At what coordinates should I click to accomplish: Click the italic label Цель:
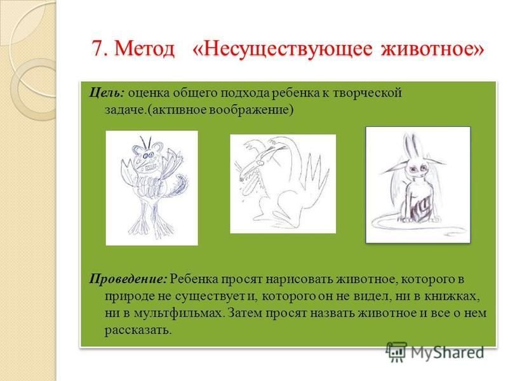pyautogui.click(x=107, y=93)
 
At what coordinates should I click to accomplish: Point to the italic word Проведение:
pyautogui.click(x=128, y=279)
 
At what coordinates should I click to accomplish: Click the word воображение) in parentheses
pyautogui.click(x=251, y=110)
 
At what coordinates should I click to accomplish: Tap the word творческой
pyautogui.click(x=367, y=93)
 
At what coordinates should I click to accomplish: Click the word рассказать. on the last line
pyautogui.click(x=138, y=330)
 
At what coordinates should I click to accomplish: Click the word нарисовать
pyautogui.click(x=299, y=279)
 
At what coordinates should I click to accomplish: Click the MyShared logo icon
pyautogui.click(x=396, y=352)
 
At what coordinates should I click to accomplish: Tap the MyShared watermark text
pyautogui.click(x=448, y=353)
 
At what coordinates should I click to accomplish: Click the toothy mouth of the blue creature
pyautogui.click(x=147, y=168)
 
